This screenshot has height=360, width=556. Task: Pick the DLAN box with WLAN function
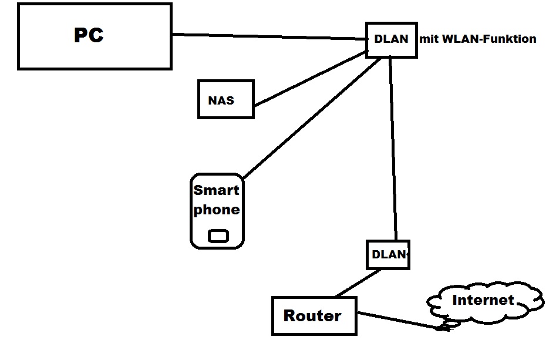click(x=391, y=40)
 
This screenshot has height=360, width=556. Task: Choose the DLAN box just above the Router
click(x=387, y=254)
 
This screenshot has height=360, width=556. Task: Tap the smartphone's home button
click(x=218, y=236)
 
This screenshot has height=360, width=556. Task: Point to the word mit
click(x=426, y=39)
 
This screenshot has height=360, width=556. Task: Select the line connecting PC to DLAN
click(x=270, y=37)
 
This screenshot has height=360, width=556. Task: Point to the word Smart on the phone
click(x=217, y=190)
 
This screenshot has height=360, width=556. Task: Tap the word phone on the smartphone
click(x=217, y=210)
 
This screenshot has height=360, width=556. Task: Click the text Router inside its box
click(x=312, y=316)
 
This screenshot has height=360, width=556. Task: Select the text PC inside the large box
click(x=89, y=35)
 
